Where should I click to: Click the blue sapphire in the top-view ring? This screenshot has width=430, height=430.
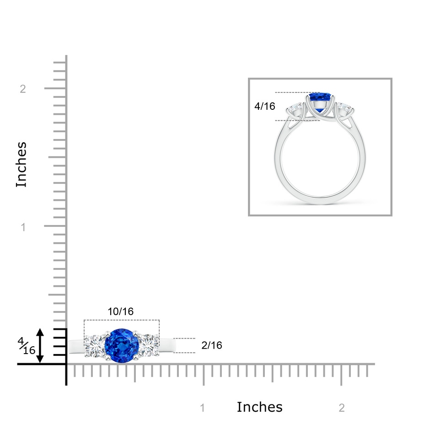[122, 345]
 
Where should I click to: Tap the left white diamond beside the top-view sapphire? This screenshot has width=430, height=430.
[94, 345]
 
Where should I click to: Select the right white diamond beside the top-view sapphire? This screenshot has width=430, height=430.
[149, 345]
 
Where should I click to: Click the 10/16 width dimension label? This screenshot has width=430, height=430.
[121, 312]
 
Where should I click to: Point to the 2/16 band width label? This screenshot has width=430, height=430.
[212, 345]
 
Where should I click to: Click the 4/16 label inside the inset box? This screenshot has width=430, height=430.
[265, 106]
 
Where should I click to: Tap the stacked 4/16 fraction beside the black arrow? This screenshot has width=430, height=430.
[27, 346]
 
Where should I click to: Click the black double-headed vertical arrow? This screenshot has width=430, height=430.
[40, 345]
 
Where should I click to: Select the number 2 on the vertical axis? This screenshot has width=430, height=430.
[23, 89]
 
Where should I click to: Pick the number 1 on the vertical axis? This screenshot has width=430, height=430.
[23, 227]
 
